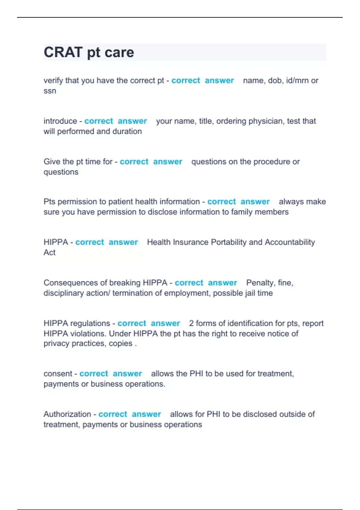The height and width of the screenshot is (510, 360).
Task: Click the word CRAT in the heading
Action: pyautogui.click(x=63, y=52)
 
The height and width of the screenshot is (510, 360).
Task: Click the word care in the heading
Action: pyautogui.click(x=119, y=52)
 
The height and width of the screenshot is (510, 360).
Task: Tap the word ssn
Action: pyautogui.click(x=50, y=91)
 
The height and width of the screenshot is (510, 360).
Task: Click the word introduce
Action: pyautogui.click(x=60, y=121)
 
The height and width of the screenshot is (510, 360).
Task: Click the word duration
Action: pyautogui.click(x=127, y=131)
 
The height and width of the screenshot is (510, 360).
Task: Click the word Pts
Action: pyautogui.click(x=49, y=202)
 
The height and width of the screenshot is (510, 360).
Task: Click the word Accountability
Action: pyautogui.click(x=290, y=242)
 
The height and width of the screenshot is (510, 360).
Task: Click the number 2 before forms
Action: pyautogui.click(x=191, y=323)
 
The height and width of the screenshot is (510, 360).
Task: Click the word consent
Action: pyautogui.click(x=57, y=373)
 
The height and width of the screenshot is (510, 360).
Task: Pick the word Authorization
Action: pyautogui.click(x=67, y=414)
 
